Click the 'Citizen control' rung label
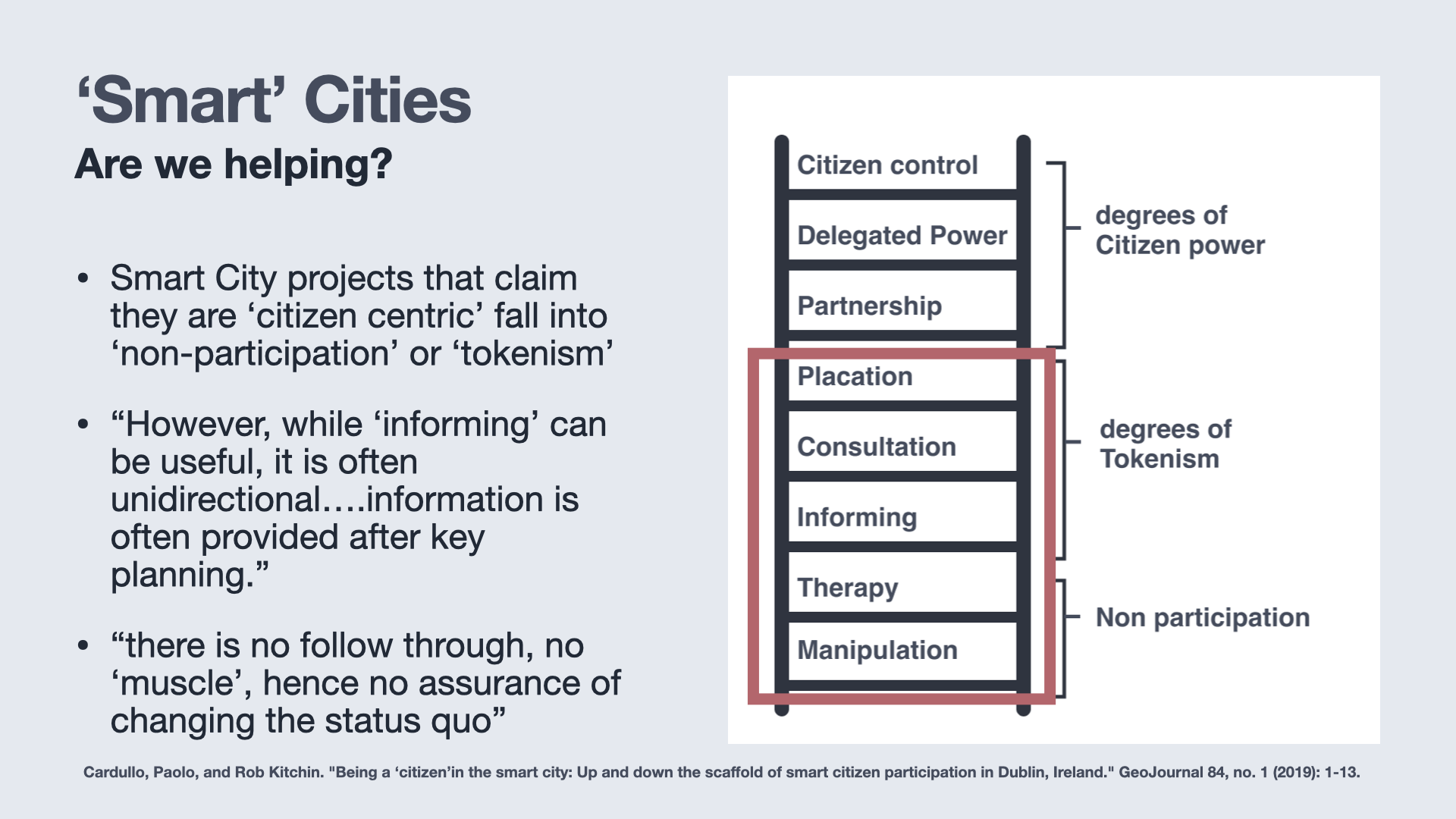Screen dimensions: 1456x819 pyautogui.click(x=887, y=165)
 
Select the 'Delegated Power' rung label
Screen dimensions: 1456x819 pyautogui.click(x=902, y=235)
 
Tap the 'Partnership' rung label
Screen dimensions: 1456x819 pyautogui.click(x=869, y=306)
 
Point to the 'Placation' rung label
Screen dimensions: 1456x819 pyautogui.click(x=855, y=376)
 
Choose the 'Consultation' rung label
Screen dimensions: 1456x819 pyautogui.click(x=877, y=447)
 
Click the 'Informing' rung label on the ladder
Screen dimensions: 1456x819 pyautogui.click(x=857, y=517)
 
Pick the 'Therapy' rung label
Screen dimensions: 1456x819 pyautogui.click(x=848, y=588)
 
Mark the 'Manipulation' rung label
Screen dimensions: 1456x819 pyautogui.click(x=877, y=650)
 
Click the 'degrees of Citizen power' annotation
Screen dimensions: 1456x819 pyautogui.click(x=1180, y=230)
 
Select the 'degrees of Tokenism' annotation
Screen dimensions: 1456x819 pyautogui.click(x=1166, y=444)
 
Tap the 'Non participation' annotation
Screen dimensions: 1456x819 pyautogui.click(x=1203, y=617)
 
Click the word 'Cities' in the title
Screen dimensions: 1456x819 pyautogui.click(x=388, y=100)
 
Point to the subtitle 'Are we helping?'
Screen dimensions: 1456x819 pyautogui.click(x=234, y=164)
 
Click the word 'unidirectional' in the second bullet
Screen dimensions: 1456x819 pyautogui.click(x=215, y=499)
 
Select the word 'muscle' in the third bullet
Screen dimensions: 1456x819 pyautogui.click(x=182, y=683)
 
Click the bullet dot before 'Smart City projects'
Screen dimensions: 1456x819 pyautogui.click(x=83, y=278)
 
